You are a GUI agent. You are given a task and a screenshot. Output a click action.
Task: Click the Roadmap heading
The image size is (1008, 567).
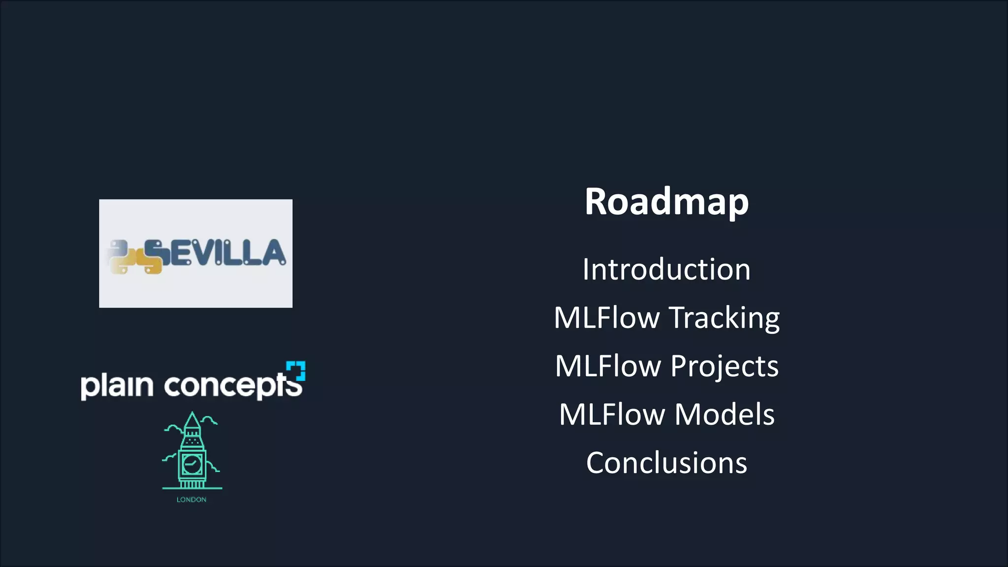point(666,202)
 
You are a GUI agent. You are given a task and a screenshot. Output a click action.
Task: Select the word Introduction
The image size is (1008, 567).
point(666,270)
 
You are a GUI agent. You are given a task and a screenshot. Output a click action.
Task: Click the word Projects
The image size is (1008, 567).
point(724,366)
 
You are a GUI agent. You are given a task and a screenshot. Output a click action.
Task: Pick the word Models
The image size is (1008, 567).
point(724,414)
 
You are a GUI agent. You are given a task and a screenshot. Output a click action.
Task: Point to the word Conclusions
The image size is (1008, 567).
point(666,463)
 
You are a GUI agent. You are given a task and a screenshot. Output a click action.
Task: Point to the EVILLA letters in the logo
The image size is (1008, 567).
point(227,252)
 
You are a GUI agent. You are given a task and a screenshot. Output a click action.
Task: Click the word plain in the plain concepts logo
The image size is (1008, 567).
point(117,385)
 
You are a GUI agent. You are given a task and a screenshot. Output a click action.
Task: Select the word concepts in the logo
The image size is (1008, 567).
point(232,385)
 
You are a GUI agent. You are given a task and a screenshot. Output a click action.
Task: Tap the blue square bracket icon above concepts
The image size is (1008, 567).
point(296,371)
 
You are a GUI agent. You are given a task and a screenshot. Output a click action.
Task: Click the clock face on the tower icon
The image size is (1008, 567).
point(191,464)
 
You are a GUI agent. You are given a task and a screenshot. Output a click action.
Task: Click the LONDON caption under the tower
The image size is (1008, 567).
point(191,500)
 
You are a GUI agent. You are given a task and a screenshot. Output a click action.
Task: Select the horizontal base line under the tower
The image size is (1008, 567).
point(192,488)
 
